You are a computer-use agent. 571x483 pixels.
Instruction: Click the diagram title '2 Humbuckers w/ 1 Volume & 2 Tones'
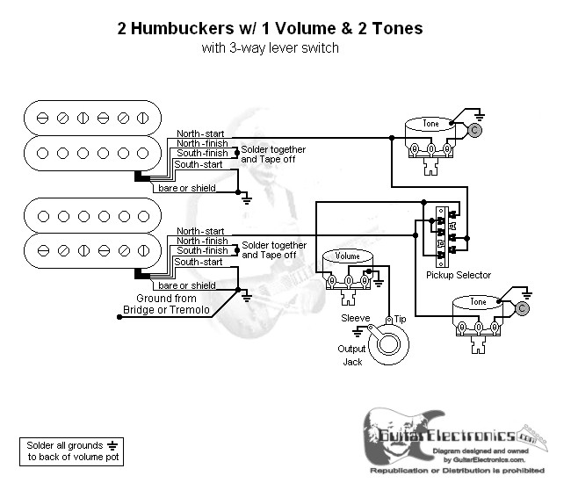click(x=270, y=28)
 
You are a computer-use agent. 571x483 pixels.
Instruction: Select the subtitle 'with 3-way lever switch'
click(x=270, y=48)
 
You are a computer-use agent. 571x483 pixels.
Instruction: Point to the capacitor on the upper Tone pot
click(x=474, y=131)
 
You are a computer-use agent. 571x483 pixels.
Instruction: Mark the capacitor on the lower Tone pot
click(x=523, y=308)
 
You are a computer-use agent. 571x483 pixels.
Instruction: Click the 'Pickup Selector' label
click(x=458, y=275)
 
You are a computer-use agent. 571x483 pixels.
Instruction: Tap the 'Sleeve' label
click(x=355, y=318)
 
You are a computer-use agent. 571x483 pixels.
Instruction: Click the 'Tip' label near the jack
click(x=400, y=318)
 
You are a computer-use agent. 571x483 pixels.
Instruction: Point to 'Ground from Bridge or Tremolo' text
click(x=172, y=305)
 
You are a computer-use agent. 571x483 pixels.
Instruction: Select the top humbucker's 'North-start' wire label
click(x=200, y=133)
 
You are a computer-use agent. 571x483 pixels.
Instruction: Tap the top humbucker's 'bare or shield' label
click(x=185, y=187)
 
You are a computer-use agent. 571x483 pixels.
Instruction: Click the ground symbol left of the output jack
click(x=358, y=332)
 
